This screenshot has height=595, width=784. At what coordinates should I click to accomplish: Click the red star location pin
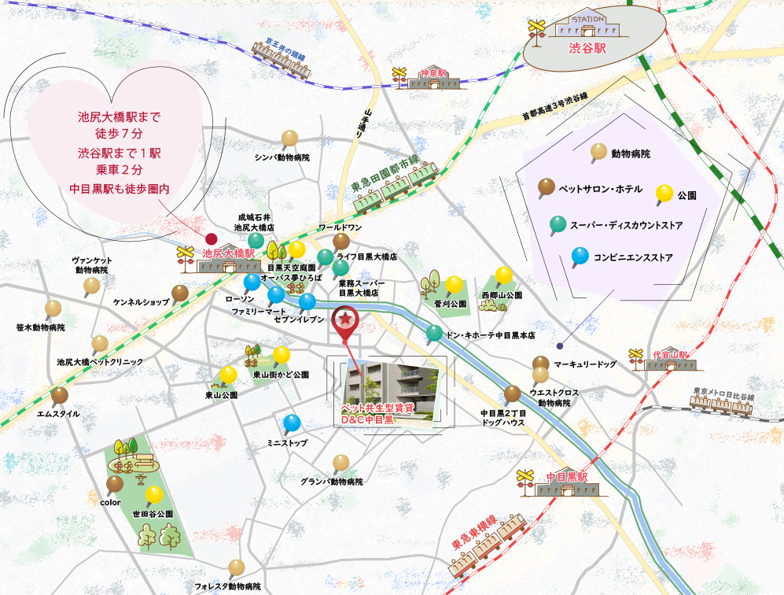tap(344, 321)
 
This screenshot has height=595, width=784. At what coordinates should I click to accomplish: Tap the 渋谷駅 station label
tap(587, 47)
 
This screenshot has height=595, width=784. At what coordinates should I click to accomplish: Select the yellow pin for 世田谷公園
tap(154, 495)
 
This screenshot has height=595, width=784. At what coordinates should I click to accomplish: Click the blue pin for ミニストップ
tap(292, 423)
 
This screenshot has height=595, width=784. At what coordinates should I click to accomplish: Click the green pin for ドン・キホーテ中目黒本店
tap(434, 332)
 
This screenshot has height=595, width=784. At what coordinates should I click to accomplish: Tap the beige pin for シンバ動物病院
tap(289, 138)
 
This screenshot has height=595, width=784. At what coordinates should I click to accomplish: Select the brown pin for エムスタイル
tap(59, 395)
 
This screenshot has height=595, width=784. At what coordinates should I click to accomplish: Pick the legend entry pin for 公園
tap(664, 191)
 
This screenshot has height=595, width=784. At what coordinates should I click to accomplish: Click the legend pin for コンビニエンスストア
tap(580, 255)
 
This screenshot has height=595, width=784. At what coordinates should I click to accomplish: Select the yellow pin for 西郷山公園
tap(503, 275)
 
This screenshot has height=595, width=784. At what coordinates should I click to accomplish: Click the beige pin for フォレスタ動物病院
tap(237, 567)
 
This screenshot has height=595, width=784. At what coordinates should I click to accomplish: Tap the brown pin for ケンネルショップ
tap(180, 294)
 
